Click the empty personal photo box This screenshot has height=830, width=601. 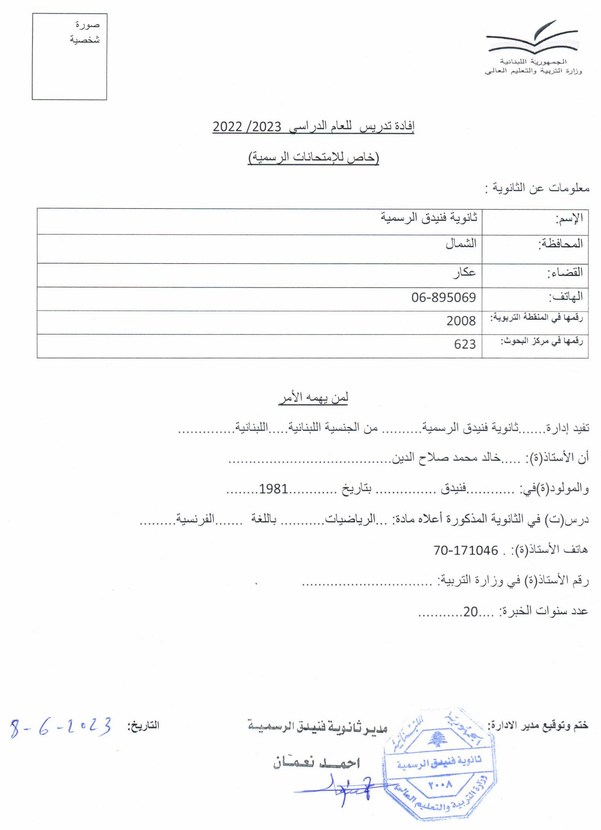[x=69, y=57]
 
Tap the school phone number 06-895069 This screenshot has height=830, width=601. [x=443, y=297]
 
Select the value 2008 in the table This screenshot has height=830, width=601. [x=461, y=321]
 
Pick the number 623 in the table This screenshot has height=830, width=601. [x=464, y=344]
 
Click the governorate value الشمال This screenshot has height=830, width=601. [x=461, y=243]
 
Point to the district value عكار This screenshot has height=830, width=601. [x=464, y=272]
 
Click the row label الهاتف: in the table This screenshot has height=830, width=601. [x=565, y=297]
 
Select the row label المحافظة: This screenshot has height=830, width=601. [x=561, y=244]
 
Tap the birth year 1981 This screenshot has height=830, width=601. [x=273, y=489]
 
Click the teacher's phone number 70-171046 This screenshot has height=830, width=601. [x=465, y=550]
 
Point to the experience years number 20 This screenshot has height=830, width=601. [x=471, y=612]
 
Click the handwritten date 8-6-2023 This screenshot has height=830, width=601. [x=61, y=727]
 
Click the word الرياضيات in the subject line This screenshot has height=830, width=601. [x=360, y=519]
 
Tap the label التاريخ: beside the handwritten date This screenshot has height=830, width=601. [x=143, y=726]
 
